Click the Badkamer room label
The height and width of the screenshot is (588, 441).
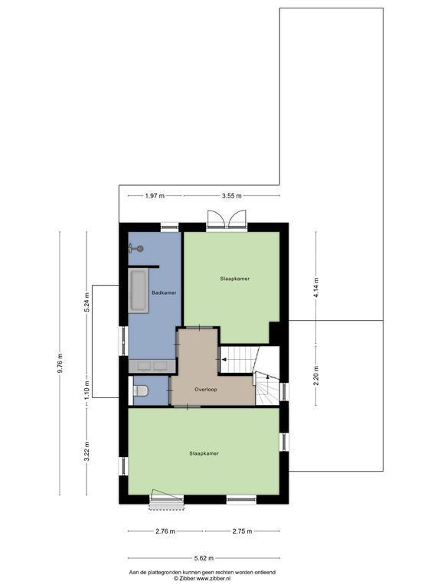click(x=164, y=292)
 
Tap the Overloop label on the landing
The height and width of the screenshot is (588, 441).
click(x=205, y=390)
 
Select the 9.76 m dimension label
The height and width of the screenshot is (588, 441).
click(x=60, y=363)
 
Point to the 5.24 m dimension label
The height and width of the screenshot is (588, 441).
click(x=87, y=302)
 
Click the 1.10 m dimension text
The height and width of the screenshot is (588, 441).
click(x=87, y=390)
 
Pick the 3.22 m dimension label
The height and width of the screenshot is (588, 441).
click(x=87, y=453)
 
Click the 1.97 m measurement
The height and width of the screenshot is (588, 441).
click(x=155, y=196)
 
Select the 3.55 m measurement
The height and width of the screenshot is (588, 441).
click(x=231, y=196)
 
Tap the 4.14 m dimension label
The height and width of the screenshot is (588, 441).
click(x=316, y=288)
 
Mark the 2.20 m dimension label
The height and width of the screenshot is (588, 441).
click(x=316, y=375)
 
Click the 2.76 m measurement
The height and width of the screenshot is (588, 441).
click(x=165, y=531)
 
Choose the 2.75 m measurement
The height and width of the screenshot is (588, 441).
click(x=242, y=531)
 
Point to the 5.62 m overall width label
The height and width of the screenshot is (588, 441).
click(x=204, y=558)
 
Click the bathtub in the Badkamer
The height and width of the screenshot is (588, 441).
click(x=138, y=290)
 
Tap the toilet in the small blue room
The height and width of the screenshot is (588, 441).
click(x=139, y=390)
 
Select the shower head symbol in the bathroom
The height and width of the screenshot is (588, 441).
click(x=136, y=248)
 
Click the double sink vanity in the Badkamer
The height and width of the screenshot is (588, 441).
click(x=152, y=366)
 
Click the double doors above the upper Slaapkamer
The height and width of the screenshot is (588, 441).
click(x=227, y=219)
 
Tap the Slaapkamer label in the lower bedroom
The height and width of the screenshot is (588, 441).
click(x=204, y=453)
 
